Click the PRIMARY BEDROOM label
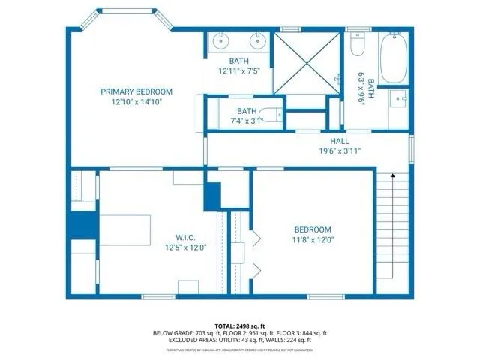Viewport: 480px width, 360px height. tap(131, 91)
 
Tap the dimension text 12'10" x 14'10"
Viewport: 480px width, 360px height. tap(131, 101)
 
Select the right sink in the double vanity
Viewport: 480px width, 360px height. tap(256, 40)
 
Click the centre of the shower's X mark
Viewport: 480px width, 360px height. tap(306, 63)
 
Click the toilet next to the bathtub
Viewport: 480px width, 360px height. tap(357, 47)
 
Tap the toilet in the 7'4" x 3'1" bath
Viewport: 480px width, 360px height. tap(276, 116)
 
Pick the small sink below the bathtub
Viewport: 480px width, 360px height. tap(398, 98)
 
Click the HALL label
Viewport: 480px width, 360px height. tap(339, 141)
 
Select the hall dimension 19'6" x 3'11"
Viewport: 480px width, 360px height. tap(339, 151)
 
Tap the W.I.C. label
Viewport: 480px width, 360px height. tap(180, 238)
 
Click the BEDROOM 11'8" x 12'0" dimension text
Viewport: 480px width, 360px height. tap(313, 240)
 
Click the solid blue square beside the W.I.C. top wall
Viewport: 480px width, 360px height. tap(213, 196)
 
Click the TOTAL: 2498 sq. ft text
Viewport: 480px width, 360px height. tap(240, 324)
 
